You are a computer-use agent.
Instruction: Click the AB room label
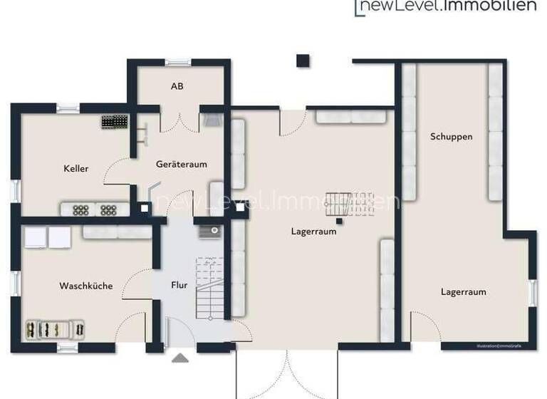coord(177,86)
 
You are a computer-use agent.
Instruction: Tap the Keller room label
coord(76,169)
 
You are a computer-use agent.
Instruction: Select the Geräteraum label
coord(182,164)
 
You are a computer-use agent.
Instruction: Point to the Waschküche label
coord(85,286)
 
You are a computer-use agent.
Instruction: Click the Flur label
coord(179,285)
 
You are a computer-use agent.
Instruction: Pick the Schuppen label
coord(452,136)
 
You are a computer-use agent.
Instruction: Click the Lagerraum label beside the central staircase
coord(313,231)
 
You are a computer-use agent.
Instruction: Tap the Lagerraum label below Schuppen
coord(463,291)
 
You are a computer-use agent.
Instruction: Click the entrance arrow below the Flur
coord(180,358)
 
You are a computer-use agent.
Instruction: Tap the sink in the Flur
coord(209,231)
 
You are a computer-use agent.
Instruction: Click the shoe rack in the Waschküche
coord(56,328)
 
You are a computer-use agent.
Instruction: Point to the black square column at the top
coord(303,61)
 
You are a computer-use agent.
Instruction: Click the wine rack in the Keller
coord(113,122)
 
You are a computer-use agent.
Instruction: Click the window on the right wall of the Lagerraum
coord(532,293)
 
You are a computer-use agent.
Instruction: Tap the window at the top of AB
coord(177,62)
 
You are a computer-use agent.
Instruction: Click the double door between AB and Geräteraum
coord(179,121)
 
